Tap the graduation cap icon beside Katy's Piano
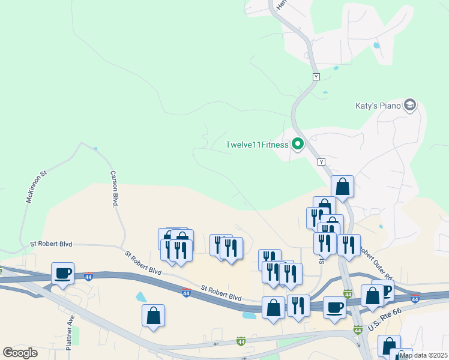coord(411,106)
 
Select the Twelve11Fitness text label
coord(256,145)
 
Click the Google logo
coord(20,353)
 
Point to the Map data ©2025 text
coord(423,355)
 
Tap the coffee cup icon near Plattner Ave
coord(62,274)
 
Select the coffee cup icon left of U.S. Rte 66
coord(334,307)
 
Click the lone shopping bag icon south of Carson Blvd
coord(153,316)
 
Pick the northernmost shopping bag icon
coord(342,187)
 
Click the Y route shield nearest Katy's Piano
coord(316,77)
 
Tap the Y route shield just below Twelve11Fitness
coord(321,162)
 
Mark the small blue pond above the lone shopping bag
coord(141,296)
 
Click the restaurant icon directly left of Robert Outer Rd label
coord(348,245)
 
